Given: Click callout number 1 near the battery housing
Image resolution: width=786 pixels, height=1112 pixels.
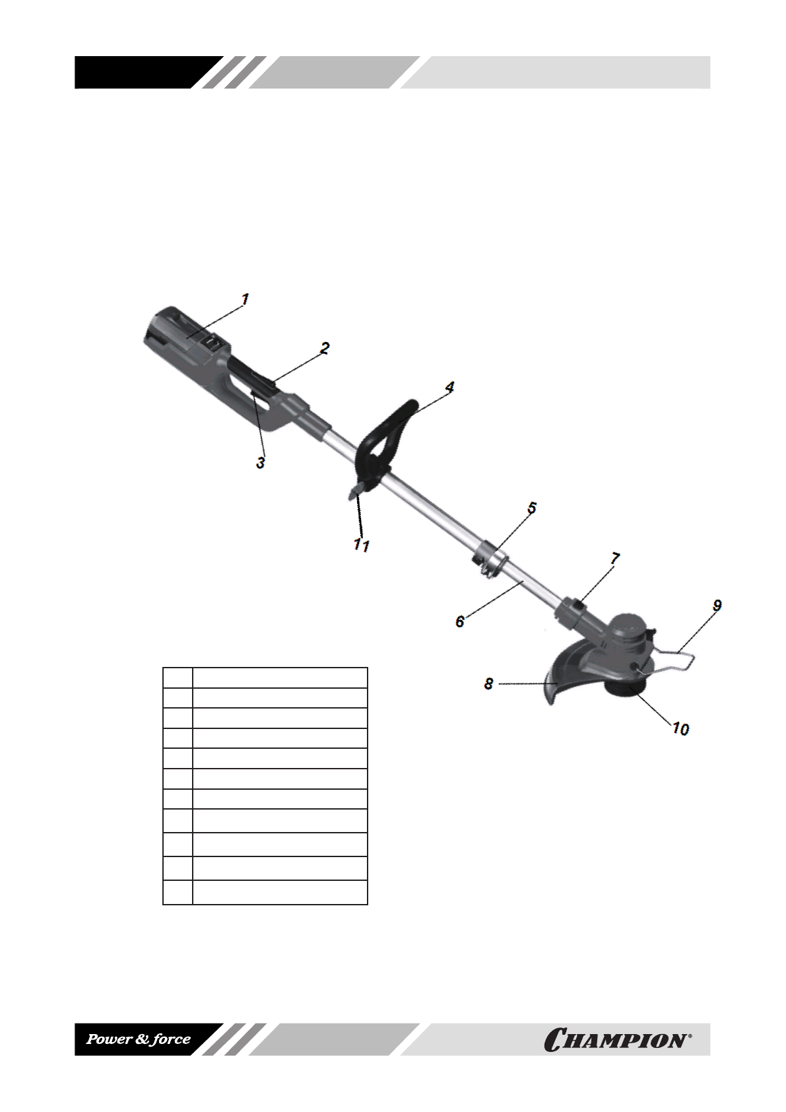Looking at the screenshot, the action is (245, 299).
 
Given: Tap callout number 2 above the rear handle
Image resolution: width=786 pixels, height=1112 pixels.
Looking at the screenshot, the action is (325, 348).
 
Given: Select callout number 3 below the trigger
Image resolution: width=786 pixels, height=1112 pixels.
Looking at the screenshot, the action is (261, 463).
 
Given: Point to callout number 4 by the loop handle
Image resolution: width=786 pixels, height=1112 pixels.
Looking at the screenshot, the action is (449, 387).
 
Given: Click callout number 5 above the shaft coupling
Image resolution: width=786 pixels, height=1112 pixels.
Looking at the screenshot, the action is (532, 508).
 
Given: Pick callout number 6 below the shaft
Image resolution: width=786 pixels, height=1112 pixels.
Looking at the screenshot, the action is (460, 621).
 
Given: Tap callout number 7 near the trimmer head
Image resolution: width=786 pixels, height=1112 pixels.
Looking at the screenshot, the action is (615, 559).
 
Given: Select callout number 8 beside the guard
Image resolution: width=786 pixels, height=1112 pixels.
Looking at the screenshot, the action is (489, 683).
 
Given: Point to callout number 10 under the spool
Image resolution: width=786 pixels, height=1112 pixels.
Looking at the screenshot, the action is (681, 729).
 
